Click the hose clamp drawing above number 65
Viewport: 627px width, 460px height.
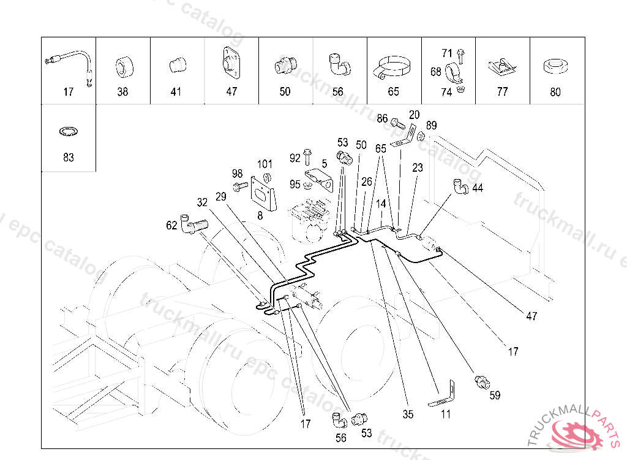point(392,68)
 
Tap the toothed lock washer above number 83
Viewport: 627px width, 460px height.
point(68,131)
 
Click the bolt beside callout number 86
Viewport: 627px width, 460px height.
point(396,121)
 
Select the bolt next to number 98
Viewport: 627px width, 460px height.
point(239,185)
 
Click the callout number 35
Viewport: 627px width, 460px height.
point(408,414)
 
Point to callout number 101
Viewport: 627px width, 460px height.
point(265,164)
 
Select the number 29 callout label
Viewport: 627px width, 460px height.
point(222,197)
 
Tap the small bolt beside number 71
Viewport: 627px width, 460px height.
point(461,55)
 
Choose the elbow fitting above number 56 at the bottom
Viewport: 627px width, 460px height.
point(339,420)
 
